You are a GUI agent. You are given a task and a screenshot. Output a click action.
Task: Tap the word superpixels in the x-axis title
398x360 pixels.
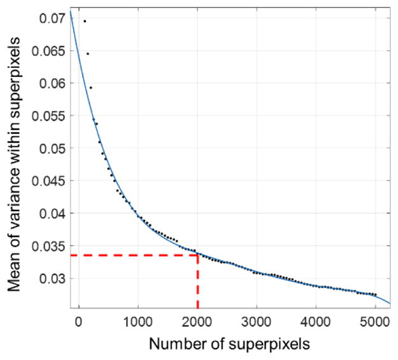pyautogui.click(x=271, y=344)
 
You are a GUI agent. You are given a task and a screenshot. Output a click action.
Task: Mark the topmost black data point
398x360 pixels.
pyautogui.click(x=85, y=21)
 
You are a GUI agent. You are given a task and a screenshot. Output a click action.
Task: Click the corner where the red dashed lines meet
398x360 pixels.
pyautogui.click(x=197, y=254)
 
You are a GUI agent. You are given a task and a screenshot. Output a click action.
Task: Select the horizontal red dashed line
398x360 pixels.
pyautogui.click(x=134, y=254)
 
